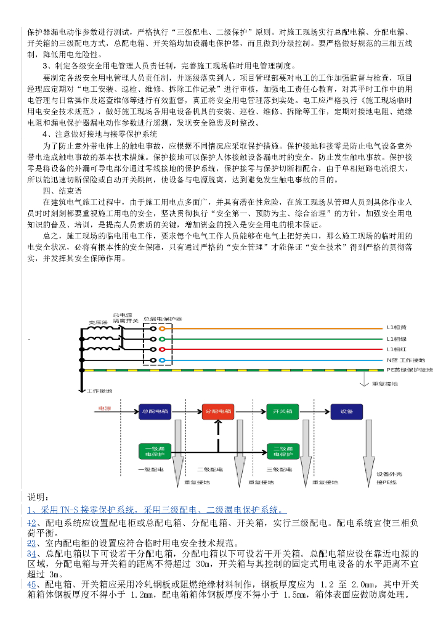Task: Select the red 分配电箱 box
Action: tap(218, 411)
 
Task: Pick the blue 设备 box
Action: tap(346, 411)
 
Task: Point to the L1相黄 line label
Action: tap(397, 327)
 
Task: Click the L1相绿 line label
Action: tap(397, 338)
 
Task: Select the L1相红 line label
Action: tap(397, 349)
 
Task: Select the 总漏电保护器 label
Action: tap(162, 319)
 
